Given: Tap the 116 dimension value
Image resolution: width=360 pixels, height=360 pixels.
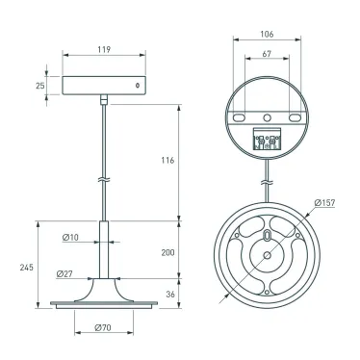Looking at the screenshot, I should (x=167, y=160).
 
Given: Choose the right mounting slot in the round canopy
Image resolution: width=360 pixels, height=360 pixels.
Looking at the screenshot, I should (x=294, y=116).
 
